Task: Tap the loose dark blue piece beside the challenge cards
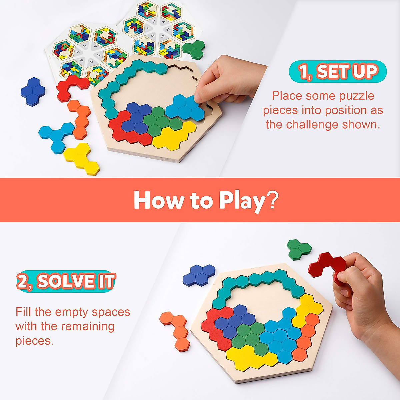click(x=33, y=91)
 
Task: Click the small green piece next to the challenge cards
click(x=194, y=49)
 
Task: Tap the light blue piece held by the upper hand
click(x=185, y=107)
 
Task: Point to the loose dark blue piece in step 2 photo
click(x=199, y=275)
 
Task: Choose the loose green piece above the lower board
click(x=299, y=249)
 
